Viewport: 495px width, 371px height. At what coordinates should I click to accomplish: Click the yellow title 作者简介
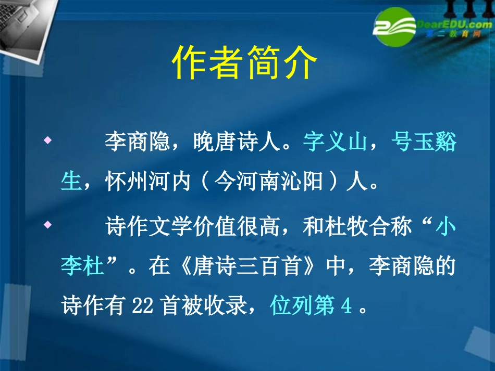(244, 62)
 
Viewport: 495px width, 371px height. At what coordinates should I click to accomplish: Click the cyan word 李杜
(83, 267)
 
